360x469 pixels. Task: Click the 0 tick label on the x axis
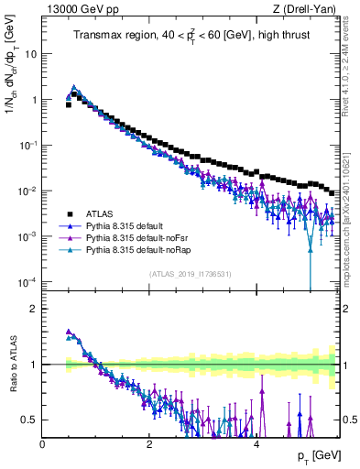click(43, 444)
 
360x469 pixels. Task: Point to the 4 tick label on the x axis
click(256, 444)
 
